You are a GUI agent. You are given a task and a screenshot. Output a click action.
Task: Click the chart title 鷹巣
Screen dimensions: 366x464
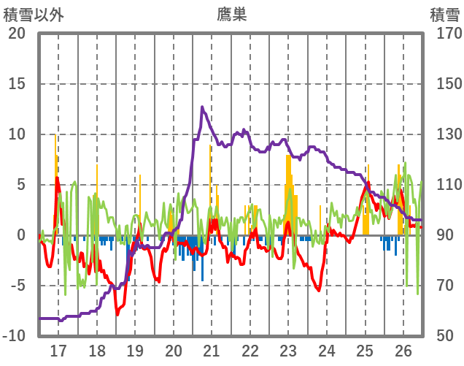[x=232, y=14]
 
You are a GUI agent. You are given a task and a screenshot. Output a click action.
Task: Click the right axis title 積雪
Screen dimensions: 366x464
[x=444, y=14]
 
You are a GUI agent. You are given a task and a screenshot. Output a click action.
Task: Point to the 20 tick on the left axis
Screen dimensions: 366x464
[x=17, y=34]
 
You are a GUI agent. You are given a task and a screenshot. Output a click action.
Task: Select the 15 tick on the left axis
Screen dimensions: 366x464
[x=17, y=84]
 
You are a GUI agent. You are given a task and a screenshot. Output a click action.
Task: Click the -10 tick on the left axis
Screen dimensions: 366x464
[x=14, y=336]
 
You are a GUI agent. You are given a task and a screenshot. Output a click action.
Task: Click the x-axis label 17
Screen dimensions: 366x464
[x=58, y=350]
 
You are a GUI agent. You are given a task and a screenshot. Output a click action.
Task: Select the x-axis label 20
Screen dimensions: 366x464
[x=174, y=350]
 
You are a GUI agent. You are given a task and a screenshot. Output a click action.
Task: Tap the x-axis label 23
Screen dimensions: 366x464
[x=289, y=350]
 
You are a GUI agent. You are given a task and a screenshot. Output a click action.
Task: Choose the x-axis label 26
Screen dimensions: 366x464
[x=404, y=350]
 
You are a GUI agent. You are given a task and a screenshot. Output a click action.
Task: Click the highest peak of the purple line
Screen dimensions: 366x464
[x=202, y=107]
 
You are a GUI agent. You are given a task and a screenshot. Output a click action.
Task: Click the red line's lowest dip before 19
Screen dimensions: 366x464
[x=117, y=314]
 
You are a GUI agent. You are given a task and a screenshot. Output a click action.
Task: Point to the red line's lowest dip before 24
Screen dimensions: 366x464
[x=319, y=290]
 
